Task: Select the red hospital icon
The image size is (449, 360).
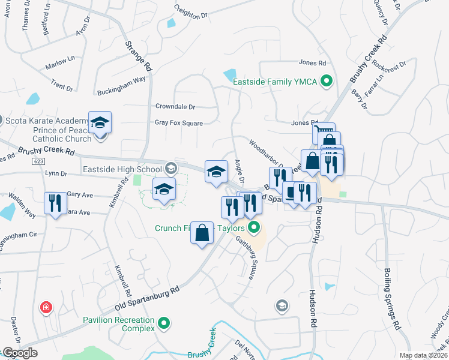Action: tap(46, 308)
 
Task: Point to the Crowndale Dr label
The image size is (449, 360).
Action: tap(175, 107)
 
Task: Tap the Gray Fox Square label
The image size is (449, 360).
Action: tap(178, 123)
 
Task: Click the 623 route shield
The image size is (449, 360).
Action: tap(39, 162)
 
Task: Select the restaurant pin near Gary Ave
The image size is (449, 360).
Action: tap(54, 202)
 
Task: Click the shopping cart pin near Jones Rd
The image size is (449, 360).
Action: tap(323, 130)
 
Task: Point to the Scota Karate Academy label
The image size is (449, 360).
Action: tap(44, 120)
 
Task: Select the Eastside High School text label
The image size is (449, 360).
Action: tap(122, 170)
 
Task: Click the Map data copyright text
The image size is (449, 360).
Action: tap(423, 355)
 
